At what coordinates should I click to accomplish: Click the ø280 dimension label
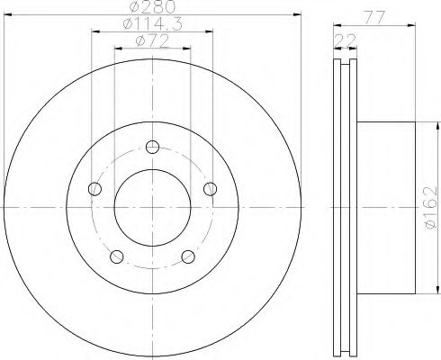(x=153, y=7)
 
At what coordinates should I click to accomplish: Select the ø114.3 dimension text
(x=153, y=24)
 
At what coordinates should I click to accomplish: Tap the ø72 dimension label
(x=152, y=41)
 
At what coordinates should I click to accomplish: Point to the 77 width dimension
(x=374, y=18)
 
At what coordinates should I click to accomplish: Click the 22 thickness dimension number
(x=346, y=40)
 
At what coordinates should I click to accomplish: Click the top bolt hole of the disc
(x=152, y=147)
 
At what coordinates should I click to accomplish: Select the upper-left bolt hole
(x=94, y=189)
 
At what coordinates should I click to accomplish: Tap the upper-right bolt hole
(x=210, y=189)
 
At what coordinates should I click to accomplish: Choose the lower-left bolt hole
(x=117, y=256)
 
